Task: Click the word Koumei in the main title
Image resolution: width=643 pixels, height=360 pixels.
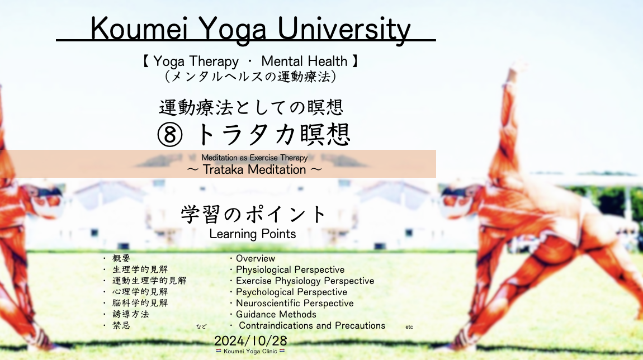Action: point(139,29)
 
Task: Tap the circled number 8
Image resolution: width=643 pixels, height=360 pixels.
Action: point(170,135)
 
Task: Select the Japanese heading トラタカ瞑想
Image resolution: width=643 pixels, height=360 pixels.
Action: point(273,135)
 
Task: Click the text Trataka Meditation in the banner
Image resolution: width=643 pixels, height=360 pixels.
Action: point(254,169)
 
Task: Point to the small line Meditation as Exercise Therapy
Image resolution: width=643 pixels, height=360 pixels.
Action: point(254,158)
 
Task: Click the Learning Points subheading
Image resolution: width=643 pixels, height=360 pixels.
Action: point(253,234)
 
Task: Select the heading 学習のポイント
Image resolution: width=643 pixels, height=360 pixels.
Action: point(253,214)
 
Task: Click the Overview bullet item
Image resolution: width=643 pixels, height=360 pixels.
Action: point(255,258)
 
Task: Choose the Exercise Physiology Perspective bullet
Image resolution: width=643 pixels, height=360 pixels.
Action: point(305,281)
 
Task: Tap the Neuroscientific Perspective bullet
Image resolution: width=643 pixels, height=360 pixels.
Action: point(295,303)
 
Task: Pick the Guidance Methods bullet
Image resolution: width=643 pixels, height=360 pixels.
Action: point(276,314)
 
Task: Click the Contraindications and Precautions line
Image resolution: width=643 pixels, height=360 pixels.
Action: point(312,325)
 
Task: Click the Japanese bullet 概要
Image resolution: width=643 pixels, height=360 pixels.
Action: point(121,258)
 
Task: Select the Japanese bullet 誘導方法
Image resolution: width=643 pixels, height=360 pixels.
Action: point(131,314)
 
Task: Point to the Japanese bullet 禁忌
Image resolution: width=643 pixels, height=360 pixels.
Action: point(121,325)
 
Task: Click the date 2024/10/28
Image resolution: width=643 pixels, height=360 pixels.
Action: point(250,341)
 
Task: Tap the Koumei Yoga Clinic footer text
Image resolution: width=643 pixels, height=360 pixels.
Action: point(250,352)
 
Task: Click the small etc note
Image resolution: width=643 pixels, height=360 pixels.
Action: point(409,327)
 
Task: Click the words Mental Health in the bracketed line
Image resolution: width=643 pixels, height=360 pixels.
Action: point(304,61)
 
